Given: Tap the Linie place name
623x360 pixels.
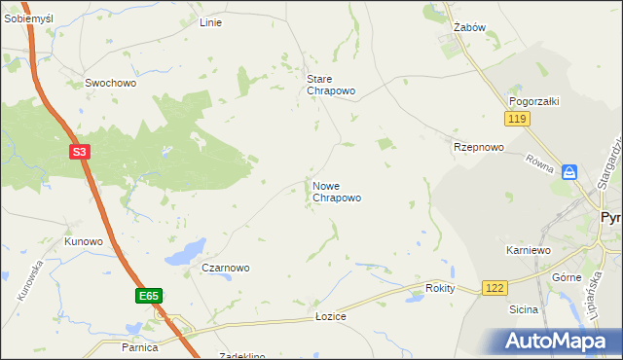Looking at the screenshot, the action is point(210,22).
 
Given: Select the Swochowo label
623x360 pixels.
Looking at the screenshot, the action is point(110,84).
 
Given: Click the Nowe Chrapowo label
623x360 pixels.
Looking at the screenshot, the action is point(337,192).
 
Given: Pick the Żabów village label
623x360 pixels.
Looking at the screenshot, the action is point(470,28).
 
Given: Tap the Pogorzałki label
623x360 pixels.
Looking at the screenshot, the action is point(532,101).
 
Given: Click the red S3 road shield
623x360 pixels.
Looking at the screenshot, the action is point(82,152).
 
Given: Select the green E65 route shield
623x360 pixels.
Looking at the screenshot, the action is point(148,296).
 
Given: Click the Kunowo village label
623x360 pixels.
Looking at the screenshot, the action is point(84,241).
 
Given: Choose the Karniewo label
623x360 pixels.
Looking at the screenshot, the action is point(529,250).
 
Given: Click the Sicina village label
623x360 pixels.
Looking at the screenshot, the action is point(524,309).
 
